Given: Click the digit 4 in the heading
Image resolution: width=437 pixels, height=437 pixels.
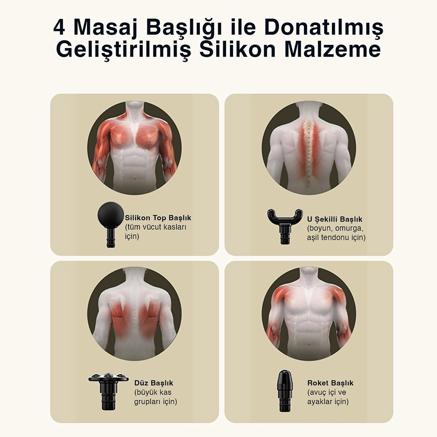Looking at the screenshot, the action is (59, 28).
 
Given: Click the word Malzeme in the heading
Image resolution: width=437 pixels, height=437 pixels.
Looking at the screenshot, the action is (333, 49).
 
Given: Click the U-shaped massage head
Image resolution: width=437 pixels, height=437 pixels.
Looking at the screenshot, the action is (285, 225).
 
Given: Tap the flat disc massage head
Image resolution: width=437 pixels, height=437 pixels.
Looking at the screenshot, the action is (109, 390).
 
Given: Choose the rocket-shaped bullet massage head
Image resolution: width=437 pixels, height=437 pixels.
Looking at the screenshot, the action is (284, 390).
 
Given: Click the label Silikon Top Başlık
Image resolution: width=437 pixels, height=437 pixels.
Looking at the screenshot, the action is (158, 218).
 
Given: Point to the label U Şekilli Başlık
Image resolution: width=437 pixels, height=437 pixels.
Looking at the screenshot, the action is (335, 219).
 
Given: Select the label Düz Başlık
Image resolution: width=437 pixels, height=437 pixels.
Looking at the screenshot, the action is (154, 383).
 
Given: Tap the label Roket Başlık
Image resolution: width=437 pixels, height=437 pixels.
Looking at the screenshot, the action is (330, 383).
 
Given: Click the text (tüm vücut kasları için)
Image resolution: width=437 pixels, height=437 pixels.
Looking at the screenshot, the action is (155, 231).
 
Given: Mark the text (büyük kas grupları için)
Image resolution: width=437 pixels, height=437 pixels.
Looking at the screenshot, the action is (155, 397).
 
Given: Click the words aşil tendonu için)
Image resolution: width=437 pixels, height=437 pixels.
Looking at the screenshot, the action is (336, 238).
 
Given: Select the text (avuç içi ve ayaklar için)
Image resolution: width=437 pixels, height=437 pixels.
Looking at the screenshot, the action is (328, 397).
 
